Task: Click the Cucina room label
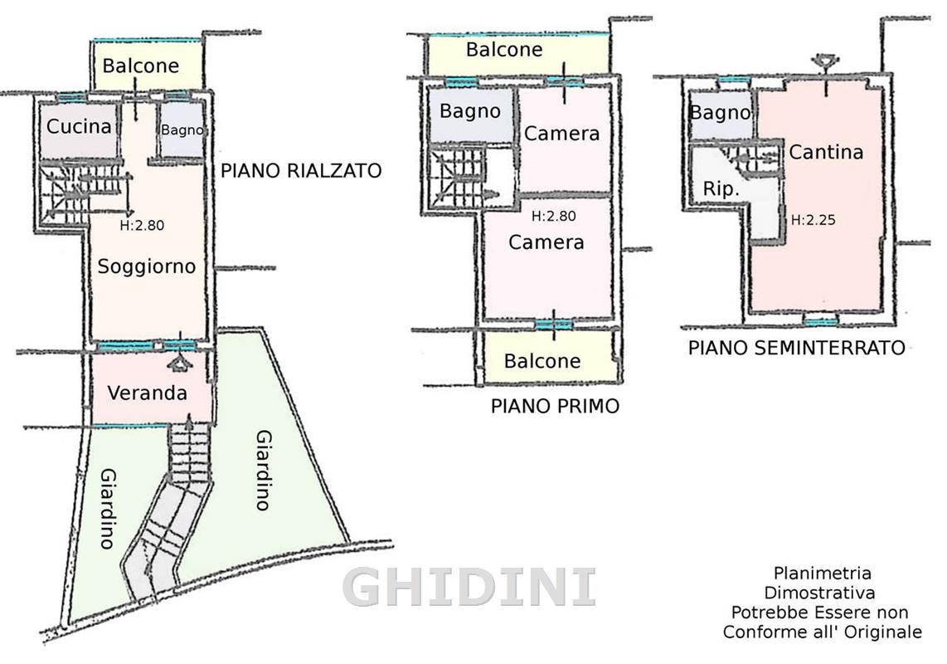[79, 126]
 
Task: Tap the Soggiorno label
[147, 266]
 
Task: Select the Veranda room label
[148, 393]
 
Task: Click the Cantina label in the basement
[826, 152]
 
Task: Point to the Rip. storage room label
[721, 189]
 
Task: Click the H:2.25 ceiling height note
[813, 220]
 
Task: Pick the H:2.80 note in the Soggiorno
[142, 226]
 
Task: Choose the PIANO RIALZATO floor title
[301, 170]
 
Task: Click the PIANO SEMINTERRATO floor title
[797, 348]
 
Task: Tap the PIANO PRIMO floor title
[555, 406]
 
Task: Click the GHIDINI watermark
[469, 587]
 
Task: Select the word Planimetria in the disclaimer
[823, 573]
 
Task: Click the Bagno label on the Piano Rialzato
[182, 130]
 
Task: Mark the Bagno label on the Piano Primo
[470, 111]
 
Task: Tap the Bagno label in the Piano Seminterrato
[720, 113]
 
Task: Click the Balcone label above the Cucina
[141, 66]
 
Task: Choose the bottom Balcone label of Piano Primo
[542, 361]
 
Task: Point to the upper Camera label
[561, 134]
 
